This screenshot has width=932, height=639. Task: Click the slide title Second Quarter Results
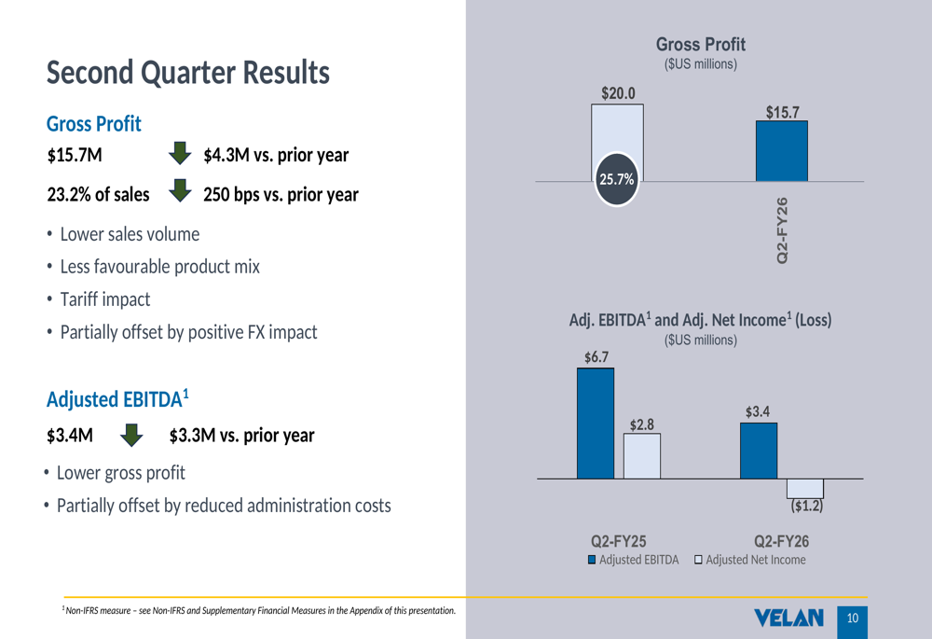click(187, 72)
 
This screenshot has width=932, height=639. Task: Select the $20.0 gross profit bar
click(617, 131)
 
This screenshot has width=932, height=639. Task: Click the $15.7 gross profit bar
click(781, 151)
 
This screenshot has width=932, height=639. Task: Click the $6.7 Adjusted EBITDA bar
click(595, 423)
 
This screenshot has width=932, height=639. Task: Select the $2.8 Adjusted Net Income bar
click(641, 455)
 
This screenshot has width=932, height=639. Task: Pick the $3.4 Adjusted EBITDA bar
click(758, 451)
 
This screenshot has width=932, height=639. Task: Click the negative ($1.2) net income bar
click(805, 488)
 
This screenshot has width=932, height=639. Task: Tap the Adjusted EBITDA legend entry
click(633, 560)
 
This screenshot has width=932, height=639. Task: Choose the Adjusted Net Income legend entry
click(749, 560)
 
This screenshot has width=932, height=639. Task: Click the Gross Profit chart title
click(701, 45)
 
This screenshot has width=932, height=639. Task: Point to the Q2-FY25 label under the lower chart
click(619, 541)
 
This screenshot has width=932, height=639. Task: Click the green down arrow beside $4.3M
click(180, 152)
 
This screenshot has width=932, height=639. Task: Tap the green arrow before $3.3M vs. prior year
click(131, 435)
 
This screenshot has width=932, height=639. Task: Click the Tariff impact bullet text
click(104, 299)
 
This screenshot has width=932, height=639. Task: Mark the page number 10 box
click(853, 618)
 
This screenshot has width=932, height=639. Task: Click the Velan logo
click(790, 618)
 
